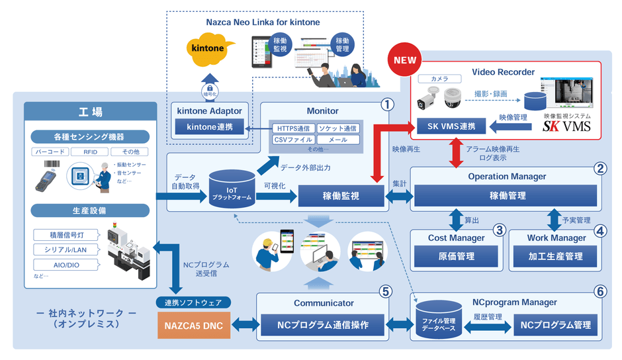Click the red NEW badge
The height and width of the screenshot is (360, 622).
click(x=406, y=60)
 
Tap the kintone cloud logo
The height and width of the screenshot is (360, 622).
click(x=208, y=50)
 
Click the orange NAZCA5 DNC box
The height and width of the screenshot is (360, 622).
click(x=193, y=325)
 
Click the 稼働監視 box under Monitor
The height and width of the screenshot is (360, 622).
click(x=341, y=196)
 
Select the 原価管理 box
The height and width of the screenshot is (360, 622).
click(x=457, y=256)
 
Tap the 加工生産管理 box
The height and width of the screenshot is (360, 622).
click(x=555, y=256)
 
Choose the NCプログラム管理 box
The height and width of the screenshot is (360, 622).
click(x=555, y=325)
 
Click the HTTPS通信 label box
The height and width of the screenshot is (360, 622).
click(x=293, y=128)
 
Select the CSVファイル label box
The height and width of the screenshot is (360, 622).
click(x=293, y=140)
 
